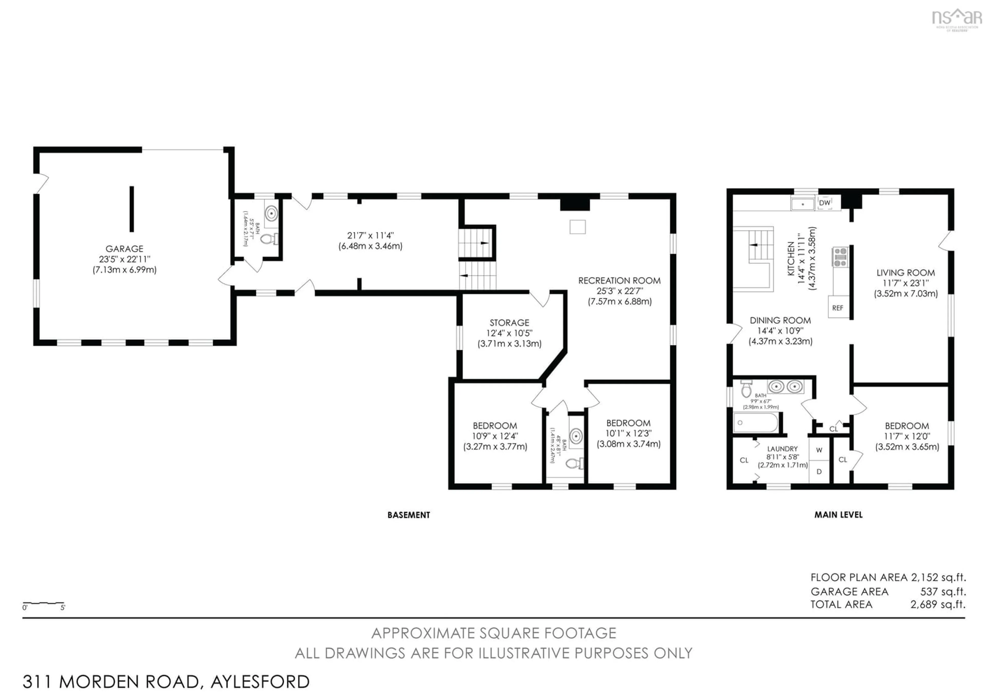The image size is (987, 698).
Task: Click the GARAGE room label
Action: point(124,249)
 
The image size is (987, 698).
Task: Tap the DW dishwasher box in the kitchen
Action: point(825,203)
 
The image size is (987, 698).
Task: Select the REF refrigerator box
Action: point(837,308)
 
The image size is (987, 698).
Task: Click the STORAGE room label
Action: point(509,323)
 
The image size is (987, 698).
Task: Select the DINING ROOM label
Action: point(780,320)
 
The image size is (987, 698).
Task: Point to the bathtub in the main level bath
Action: point(755,423)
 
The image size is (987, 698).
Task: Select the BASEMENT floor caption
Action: point(408,515)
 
